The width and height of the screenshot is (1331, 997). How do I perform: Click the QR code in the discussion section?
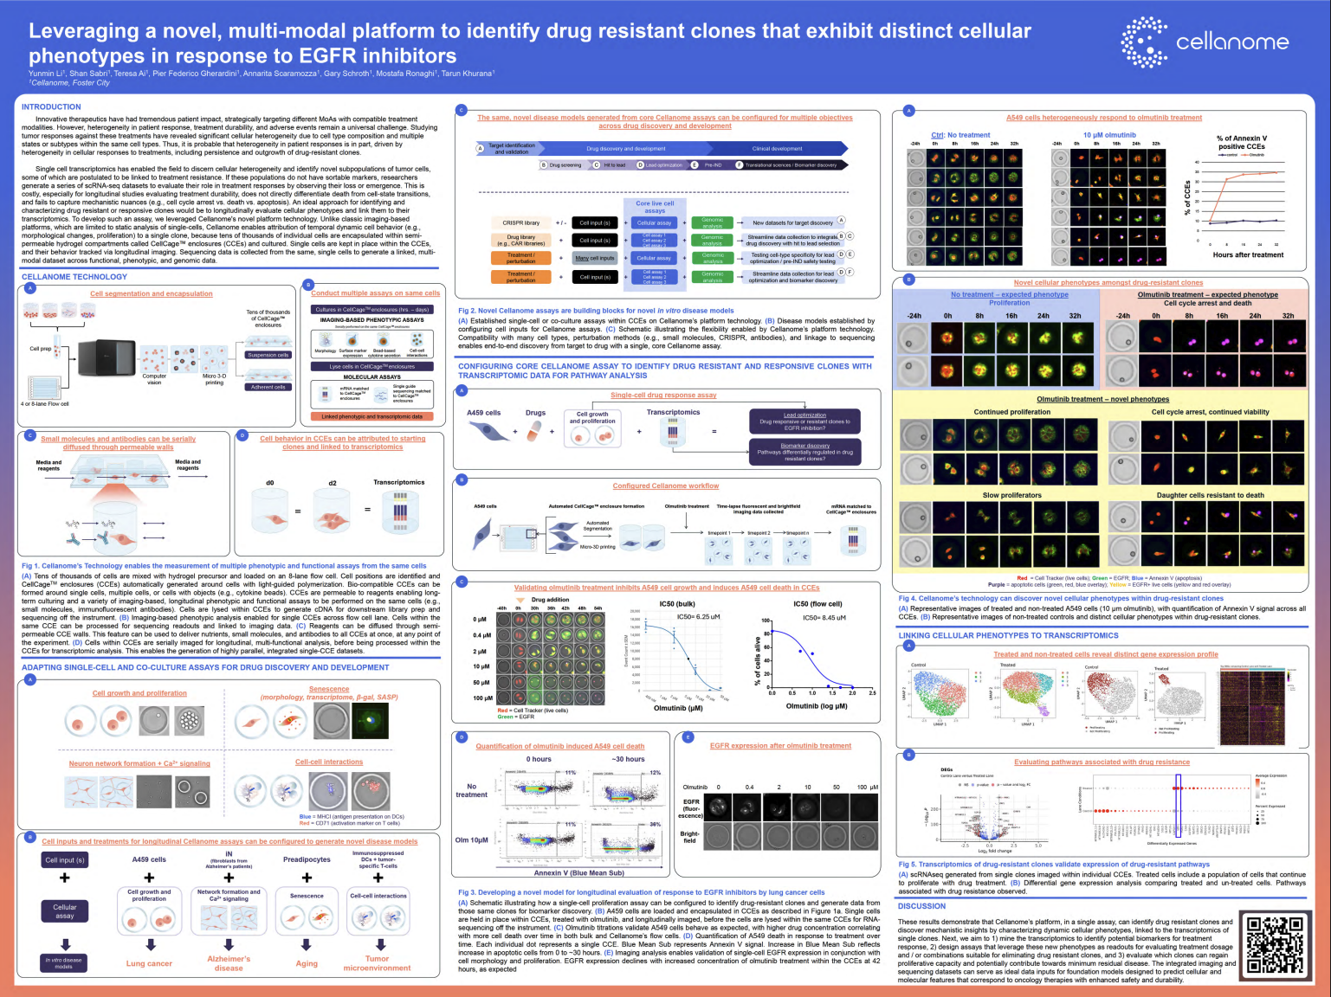(x=1275, y=948)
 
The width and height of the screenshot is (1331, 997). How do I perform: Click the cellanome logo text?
(x=1231, y=42)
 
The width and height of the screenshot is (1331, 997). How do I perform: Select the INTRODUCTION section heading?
(x=51, y=107)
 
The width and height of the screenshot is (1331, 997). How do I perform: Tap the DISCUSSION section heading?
(x=921, y=906)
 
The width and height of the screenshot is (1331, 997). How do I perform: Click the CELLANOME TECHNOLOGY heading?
(x=74, y=277)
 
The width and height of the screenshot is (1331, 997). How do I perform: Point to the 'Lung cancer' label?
(x=149, y=963)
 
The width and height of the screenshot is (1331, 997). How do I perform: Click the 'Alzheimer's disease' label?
(x=229, y=963)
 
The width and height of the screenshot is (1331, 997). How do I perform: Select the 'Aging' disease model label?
(x=307, y=963)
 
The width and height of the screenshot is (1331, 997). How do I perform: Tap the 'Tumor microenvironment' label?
(x=377, y=963)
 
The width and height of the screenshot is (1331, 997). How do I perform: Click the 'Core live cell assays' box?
(x=655, y=207)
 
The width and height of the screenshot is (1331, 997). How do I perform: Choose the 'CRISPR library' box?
(x=520, y=222)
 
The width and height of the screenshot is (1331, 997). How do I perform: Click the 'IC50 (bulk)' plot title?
(x=677, y=604)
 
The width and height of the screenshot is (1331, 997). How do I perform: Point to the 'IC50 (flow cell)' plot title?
(x=817, y=604)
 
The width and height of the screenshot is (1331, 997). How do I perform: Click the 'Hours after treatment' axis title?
(x=1248, y=255)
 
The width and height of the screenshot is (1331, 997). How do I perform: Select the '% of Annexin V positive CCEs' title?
(x=1241, y=143)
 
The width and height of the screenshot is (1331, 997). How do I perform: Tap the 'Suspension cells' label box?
(x=268, y=355)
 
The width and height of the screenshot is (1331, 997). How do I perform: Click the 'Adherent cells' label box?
(x=268, y=387)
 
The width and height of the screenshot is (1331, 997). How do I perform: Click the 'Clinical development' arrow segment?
(x=777, y=149)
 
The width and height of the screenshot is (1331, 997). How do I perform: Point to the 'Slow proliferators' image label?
(x=1011, y=495)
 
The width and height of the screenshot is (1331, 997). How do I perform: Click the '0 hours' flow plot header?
(x=539, y=759)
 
